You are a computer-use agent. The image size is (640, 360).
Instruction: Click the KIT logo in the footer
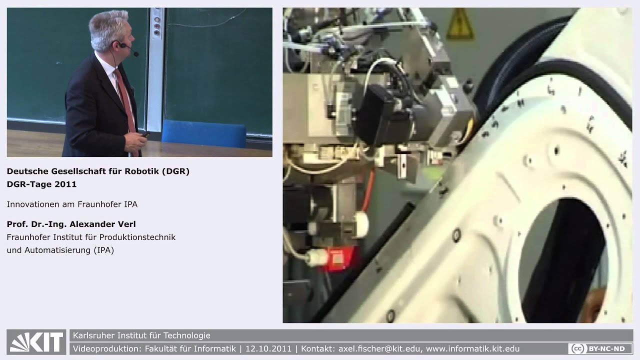click(36, 342)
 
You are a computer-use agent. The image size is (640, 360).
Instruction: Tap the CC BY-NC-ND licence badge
click(600, 348)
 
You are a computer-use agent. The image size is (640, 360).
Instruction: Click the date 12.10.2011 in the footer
click(268, 349)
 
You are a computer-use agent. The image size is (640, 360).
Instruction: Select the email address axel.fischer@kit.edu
click(379, 349)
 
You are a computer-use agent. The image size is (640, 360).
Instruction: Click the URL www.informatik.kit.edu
click(472, 349)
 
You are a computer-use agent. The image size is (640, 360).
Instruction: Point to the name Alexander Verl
click(102, 224)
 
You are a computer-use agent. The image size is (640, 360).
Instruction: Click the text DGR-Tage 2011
click(41, 184)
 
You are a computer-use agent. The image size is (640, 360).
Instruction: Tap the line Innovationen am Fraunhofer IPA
click(72, 204)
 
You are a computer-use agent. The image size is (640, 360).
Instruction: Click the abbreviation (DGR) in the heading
click(175, 171)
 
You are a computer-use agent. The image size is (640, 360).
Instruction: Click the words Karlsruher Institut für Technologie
click(141, 335)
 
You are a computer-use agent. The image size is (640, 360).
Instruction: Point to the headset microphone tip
click(136, 53)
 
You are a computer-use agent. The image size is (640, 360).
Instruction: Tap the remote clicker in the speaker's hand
click(145, 134)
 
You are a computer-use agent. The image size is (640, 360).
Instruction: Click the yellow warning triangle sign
click(459, 24)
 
